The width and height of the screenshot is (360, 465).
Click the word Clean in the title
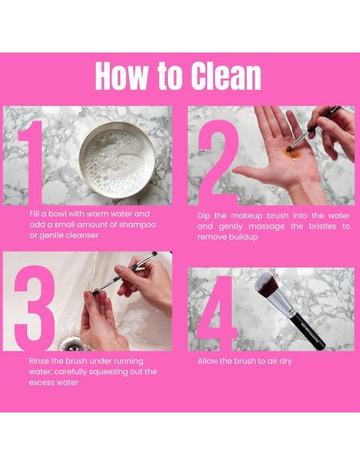226,76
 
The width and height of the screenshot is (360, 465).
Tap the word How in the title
122,76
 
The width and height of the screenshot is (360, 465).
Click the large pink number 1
31,162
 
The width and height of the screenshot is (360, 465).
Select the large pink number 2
218,162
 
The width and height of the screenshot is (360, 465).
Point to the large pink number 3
35,308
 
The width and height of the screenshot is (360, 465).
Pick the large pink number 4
217,314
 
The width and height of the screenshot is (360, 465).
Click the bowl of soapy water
117,160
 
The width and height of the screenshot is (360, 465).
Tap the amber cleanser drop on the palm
292,153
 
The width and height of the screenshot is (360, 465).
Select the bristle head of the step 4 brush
266,285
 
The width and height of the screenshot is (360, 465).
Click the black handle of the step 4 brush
307,331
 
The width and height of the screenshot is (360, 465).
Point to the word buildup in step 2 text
242,237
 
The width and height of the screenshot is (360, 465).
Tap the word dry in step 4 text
285,361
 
